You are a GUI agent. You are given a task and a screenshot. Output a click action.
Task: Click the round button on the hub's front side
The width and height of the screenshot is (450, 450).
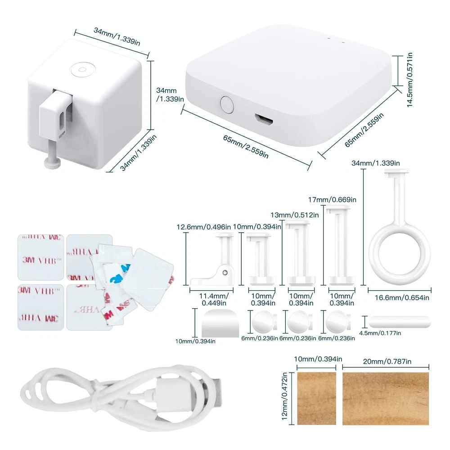pyautogui.click(x=227, y=105)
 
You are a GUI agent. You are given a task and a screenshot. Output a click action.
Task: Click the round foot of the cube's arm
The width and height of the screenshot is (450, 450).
pyautogui.click(x=54, y=162)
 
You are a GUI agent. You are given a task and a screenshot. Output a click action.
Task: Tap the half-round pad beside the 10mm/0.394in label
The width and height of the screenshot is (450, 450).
pyautogui.click(x=220, y=322)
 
